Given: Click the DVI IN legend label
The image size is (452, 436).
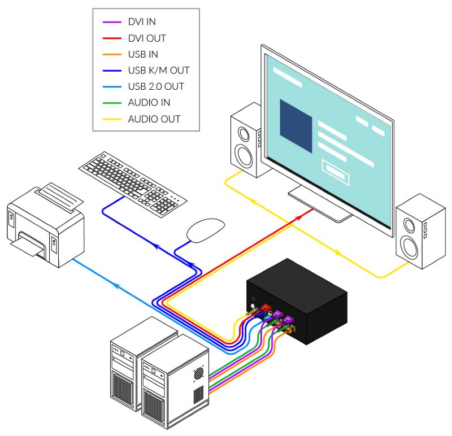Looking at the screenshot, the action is tap(142, 21).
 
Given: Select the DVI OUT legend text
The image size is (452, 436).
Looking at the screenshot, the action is tap(147, 38).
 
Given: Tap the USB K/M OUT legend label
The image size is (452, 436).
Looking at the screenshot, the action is tap(159, 70).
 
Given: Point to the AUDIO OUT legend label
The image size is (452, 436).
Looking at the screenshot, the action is tap(154, 119).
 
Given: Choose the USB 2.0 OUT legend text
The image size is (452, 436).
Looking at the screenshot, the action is tap(156, 86).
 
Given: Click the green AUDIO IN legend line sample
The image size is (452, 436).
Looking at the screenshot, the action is tap(112, 103).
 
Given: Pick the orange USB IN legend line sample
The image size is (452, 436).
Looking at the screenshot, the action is tap(112, 54).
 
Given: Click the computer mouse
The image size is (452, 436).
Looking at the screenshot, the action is tap(205, 230).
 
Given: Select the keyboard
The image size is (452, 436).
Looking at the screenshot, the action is tap(133, 185).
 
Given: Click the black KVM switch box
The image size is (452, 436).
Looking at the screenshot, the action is tap(297, 301).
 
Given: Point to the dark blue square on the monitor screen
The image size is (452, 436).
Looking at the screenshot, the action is tap(295, 125).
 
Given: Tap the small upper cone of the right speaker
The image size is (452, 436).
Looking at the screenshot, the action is tap(409, 225).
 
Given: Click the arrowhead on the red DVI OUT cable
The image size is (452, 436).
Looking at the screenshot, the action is tap(299, 218).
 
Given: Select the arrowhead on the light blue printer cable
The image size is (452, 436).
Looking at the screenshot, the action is tap(116, 285).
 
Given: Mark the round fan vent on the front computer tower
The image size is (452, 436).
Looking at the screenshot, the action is tap(198, 373).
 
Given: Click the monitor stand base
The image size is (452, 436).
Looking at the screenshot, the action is tap(320, 204).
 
